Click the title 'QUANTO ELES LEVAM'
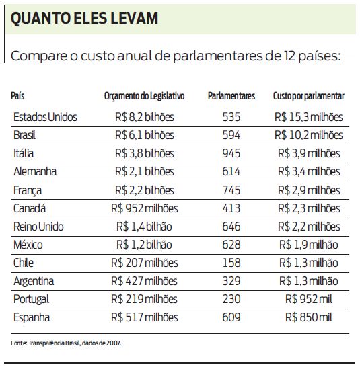(85, 18)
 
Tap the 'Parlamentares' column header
(231, 97)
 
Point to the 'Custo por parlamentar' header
(309, 97)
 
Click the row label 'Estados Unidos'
(45, 117)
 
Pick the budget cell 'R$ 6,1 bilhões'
(144, 135)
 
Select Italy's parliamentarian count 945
(231, 153)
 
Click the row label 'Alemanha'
(35, 171)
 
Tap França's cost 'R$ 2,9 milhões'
(309, 190)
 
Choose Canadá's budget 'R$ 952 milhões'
(144, 208)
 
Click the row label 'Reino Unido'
(39, 227)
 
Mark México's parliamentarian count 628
(231, 245)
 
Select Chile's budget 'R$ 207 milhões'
(144, 263)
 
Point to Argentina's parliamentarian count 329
(231, 281)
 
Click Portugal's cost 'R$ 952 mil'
(309, 299)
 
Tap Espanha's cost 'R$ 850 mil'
(309, 317)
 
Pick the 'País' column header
(18, 97)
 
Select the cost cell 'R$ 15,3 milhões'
(309, 117)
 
